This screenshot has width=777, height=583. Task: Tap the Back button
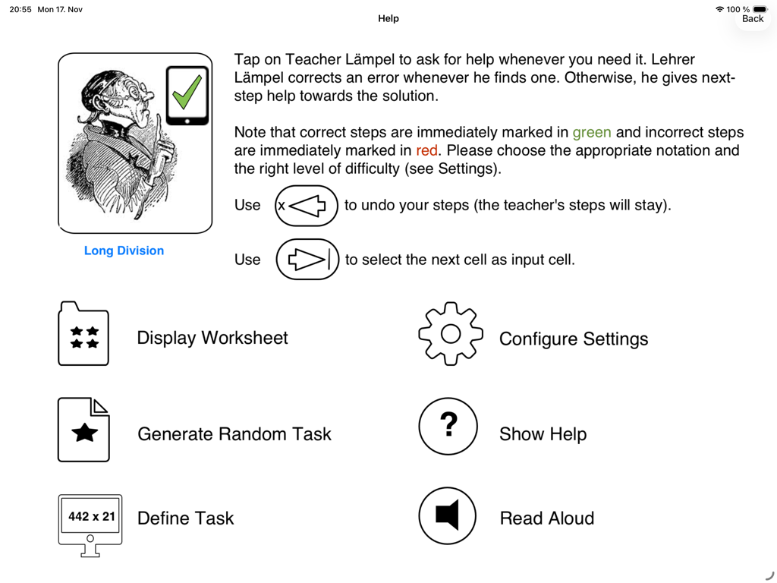(x=752, y=19)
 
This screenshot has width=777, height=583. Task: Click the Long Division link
(x=124, y=251)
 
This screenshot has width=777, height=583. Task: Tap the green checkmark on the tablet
(x=187, y=92)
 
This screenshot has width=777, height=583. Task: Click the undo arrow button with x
(x=307, y=206)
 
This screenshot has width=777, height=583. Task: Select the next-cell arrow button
(x=307, y=260)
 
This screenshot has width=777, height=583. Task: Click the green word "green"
(x=592, y=133)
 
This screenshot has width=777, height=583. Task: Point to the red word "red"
(x=426, y=150)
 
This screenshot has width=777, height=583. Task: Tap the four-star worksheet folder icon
(x=83, y=334)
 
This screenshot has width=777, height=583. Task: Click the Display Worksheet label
(x=212, y=338)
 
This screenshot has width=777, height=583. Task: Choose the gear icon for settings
(x=451, y=334)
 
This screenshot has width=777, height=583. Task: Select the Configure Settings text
(x=574, y=339)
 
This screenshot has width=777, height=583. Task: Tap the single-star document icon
(x=83, y=430)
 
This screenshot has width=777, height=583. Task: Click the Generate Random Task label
(x=234, y=433)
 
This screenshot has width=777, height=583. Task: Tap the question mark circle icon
(x=448, y=427)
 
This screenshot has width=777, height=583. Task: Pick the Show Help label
(x=543, y=433)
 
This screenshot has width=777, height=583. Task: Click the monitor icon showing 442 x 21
(x=90, y=525)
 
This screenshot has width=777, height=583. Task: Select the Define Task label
(x=185, y=518)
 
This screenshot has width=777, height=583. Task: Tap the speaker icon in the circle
(x=447, y=515)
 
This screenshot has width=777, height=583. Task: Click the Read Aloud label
(x=546, y=518)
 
